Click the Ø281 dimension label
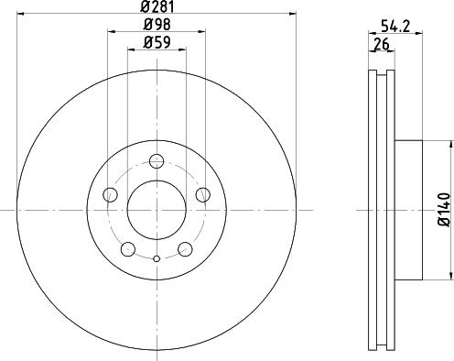coord(157,6)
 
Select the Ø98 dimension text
coord(157,25)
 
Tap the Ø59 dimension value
coord(157,42)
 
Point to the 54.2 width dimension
coord(395,27)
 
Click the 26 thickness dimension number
coord(382,45)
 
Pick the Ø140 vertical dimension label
coord(444,210)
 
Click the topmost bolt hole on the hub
coord(157,161)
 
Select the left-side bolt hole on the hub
coord(110,194)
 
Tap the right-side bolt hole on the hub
coord(203,194)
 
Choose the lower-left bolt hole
coord(128,249)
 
